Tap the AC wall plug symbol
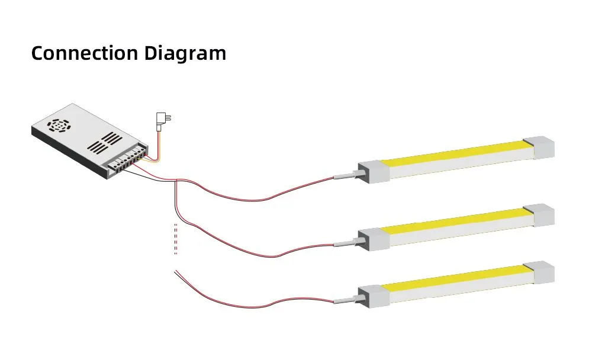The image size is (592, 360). [x=160, y=120]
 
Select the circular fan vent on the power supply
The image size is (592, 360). [x=60, y=126]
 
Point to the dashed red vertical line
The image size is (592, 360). [x=176, y=239]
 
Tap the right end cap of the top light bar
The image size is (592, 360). [x=539, y=147]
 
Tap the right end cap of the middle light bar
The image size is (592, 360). [x=539, y=214]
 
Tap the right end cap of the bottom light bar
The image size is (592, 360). [x=539, y=272]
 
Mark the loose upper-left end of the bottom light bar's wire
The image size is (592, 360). [x=175, y=272]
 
